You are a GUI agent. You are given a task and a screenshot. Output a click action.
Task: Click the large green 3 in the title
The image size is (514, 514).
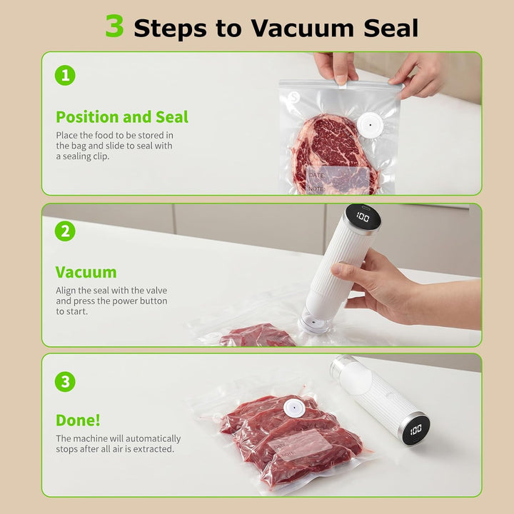(115, 26)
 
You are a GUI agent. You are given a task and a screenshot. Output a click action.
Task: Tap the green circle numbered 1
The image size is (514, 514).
(65, 76)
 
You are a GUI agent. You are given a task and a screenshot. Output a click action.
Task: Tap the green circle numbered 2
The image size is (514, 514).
(65, 231)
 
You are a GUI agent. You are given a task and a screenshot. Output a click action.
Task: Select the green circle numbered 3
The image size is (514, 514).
(65, 381)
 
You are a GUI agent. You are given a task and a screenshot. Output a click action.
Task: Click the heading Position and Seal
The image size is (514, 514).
(122, 117)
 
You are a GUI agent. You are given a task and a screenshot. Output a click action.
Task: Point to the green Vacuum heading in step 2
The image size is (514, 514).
(86, 272)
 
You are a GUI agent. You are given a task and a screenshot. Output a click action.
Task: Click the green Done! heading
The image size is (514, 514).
(78, 420)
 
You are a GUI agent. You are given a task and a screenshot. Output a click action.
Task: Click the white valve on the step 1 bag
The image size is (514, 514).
(370, 125)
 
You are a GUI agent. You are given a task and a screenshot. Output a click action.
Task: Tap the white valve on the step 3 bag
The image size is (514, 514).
(294, 408)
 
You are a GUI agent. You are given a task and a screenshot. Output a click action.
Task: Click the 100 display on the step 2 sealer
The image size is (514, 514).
(363, 217)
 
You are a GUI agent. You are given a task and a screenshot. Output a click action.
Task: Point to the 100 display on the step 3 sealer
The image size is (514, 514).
(415, 429)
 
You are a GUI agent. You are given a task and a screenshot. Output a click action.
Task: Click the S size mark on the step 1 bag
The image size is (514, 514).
(295, 97)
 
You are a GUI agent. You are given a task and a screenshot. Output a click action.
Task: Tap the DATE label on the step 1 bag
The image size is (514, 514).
(317, 175)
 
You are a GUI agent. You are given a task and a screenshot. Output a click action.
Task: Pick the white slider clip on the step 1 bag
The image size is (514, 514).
(343, 85)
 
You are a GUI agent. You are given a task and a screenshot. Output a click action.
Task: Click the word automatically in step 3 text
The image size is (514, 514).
(153, 438)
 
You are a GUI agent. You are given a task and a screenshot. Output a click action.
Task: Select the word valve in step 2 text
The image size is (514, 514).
(156, 291)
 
